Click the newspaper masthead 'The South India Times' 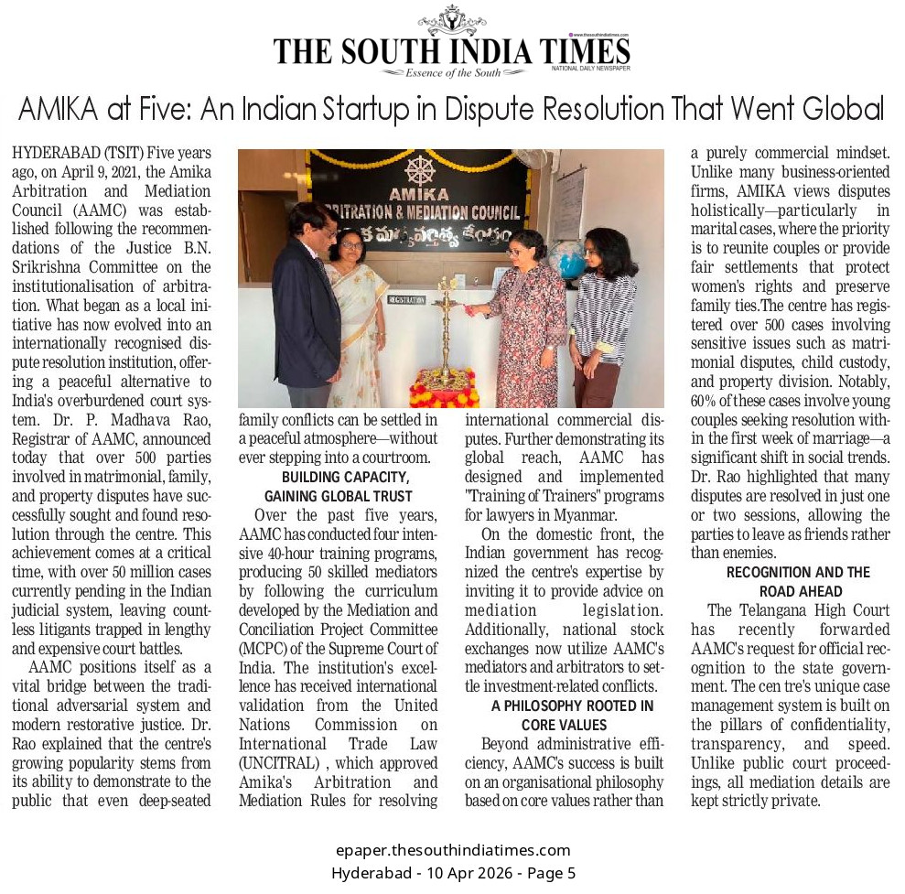451,49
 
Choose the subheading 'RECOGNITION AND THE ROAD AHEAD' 798,581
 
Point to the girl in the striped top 602,311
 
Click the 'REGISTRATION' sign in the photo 406,299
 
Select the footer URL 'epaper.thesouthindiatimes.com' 453,851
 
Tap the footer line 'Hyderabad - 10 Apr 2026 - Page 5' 453,873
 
